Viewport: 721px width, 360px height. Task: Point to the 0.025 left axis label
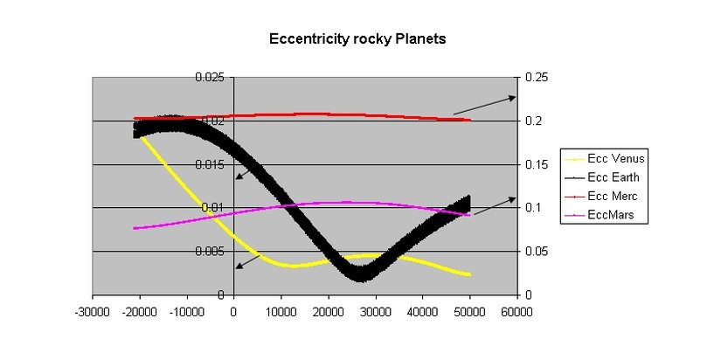pos(208,78)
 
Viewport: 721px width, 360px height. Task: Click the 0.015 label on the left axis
pos(208,164)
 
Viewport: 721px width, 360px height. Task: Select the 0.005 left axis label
pos(208,252)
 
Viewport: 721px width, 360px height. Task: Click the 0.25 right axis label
pos(537,78)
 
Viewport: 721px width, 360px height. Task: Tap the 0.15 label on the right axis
pos(537,164)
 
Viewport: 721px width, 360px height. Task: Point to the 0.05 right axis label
pos(537,252)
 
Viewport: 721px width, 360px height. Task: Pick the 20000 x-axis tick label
pos(328,311)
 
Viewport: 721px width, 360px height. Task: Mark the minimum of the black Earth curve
pos(363,275)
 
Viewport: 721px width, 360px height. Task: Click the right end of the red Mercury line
pos(469,120)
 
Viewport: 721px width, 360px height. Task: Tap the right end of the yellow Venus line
pos(469,274)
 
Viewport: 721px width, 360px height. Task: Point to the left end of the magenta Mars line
pos(135,228)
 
